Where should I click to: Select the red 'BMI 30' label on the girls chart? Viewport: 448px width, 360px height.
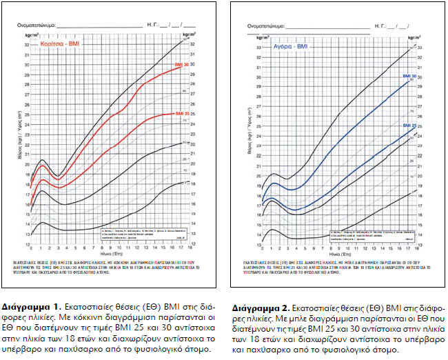[183, 63]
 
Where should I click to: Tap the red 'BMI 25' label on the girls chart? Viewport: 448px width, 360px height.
[183, 113]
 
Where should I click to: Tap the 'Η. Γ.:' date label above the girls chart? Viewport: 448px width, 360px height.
[152, 24]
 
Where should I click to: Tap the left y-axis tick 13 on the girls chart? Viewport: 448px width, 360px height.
[27, 235]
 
